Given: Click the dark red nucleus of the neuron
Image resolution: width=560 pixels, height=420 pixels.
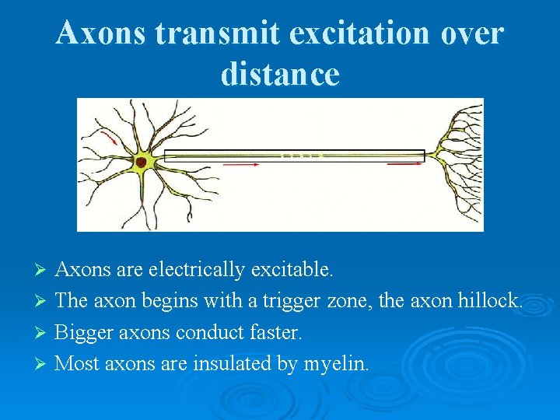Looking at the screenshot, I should pos(142,163).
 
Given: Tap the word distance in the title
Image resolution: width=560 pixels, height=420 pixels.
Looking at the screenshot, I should pos(280,74).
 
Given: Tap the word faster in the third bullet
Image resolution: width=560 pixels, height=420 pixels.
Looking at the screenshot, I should pos(273,332).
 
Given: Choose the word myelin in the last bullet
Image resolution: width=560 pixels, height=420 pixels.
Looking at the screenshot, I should pos(336,363).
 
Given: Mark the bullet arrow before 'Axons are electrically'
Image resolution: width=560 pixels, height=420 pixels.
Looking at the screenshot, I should pos(43,270).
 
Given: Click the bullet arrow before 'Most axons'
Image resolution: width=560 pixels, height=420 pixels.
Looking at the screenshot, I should pos(43,363).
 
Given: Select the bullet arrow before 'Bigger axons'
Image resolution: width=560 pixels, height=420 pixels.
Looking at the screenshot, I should pos(43,332).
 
